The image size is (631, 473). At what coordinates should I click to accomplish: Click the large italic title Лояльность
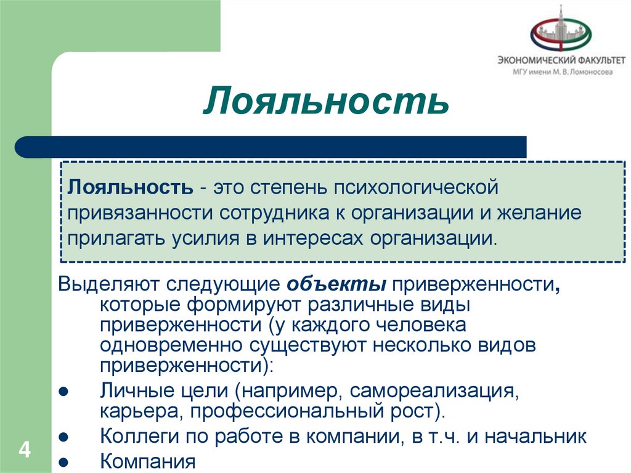(x=325, y=101)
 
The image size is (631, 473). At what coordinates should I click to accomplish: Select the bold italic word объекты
(x=336, y=286)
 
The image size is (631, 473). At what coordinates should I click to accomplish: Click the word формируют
(x=243, y=305)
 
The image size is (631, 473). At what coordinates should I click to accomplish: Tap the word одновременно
(x=174, y=345)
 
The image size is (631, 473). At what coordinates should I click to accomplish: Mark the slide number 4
(x=25, y=448)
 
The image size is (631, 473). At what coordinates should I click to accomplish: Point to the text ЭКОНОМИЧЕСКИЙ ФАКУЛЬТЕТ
(x=561, y=60)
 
